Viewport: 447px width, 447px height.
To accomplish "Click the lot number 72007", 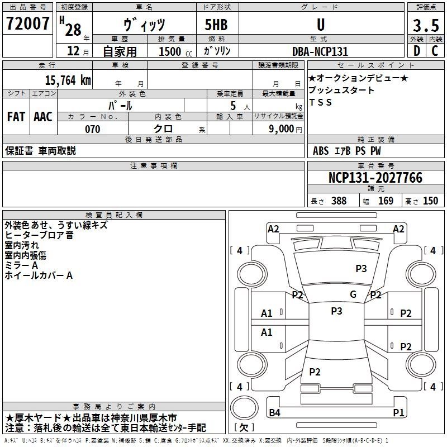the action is (x=27, y=23).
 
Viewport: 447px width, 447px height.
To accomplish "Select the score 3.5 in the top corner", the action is (x=426, y=25).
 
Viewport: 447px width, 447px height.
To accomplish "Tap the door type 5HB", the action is (x=216, y=25).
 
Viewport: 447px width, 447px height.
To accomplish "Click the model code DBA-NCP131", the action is (x=320, y=51).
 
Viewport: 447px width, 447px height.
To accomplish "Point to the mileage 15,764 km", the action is (x=68, y=80).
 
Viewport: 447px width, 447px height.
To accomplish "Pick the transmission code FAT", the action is (x=16, y=117).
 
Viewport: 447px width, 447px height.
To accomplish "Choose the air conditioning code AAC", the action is (x=43, y=117).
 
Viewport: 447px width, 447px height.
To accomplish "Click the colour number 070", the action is (x=93, y=129).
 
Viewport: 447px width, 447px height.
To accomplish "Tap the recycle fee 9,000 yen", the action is (x=286, y=129).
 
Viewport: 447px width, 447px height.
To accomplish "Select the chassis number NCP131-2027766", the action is (x=375, y=178).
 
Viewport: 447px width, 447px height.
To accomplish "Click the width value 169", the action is (x=386, y=201).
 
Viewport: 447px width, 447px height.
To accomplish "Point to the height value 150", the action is (x=430, y=201).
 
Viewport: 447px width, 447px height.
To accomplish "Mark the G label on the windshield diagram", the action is (x=353, y=294).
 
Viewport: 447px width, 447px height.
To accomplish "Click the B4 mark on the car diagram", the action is (x=274, y=412).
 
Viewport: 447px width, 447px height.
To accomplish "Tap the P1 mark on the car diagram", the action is (x=398, y=412).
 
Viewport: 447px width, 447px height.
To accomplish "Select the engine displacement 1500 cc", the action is (x=175, y=51).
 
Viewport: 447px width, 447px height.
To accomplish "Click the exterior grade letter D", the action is (x=417, y=51).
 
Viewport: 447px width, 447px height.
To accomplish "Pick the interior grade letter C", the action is (x=435, y=51).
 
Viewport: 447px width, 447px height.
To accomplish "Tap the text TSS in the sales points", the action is (x=320, y=102).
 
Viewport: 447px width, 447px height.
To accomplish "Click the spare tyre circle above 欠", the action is (x=244, y=408).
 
